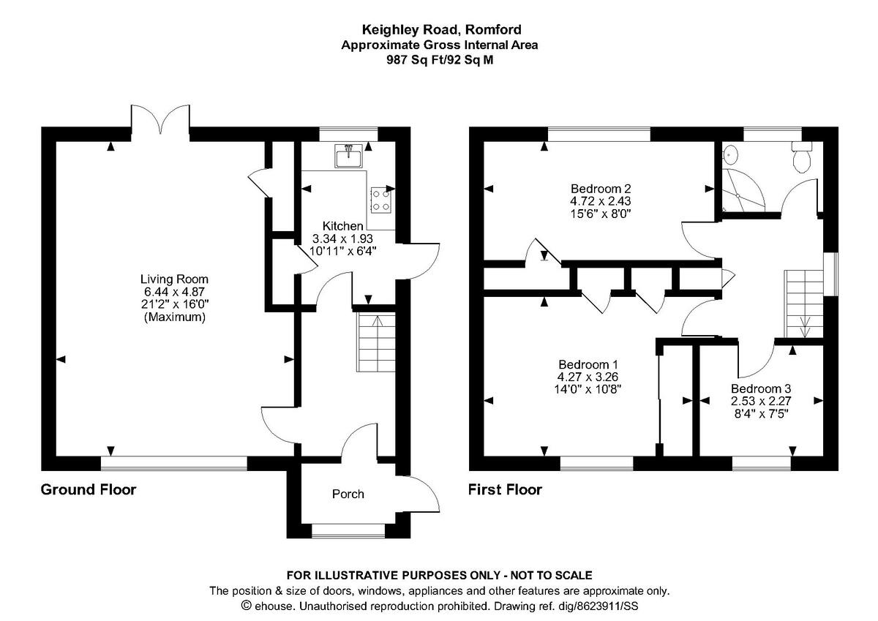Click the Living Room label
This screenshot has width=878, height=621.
[174, 279]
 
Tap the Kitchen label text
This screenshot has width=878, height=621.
[342, 226]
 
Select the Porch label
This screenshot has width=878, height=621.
[348, 494]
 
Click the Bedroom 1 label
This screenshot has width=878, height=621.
[588, 364]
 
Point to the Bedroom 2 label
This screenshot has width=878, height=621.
[601, 189]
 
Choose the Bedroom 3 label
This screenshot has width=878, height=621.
[761, 388]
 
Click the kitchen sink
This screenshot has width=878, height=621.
[349, 156]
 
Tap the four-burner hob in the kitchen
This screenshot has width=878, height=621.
[381, 200]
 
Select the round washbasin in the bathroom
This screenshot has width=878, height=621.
[731, 154]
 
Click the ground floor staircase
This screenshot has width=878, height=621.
[376, 342]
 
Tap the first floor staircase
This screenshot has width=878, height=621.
[803, 304]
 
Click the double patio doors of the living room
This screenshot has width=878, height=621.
[160, 119]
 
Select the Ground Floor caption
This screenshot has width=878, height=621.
[89, 490]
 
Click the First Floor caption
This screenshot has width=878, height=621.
[506, 490]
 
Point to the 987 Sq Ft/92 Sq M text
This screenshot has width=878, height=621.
[440, 60]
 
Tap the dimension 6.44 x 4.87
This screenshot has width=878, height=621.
[174, 292]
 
